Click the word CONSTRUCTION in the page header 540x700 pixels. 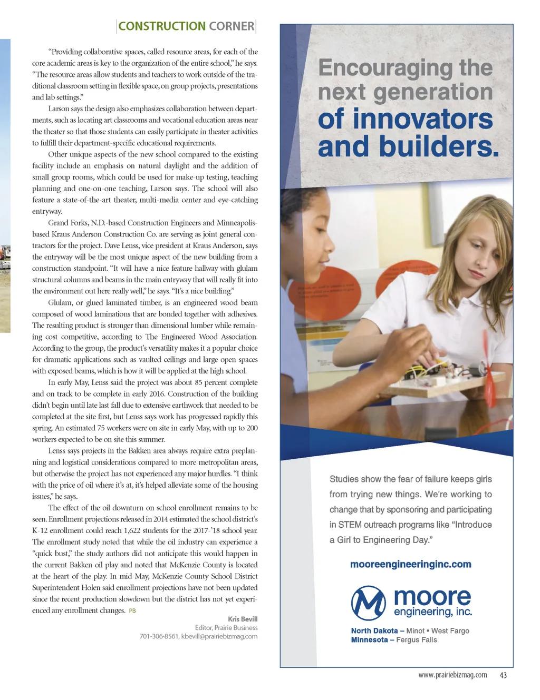[x=162, y=26]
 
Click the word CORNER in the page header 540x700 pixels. [x=232, y=26]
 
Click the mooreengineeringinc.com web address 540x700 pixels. [x=410, y=564]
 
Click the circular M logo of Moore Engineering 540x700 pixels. [x=369, y=603]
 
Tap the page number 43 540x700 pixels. [x=503, y=675]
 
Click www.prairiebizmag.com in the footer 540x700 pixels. [x=452, y=675]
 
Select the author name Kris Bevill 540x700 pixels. [x=243, y=619]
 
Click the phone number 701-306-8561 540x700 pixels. [x=159, y=636]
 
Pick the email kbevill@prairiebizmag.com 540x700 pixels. [x=219, y=636]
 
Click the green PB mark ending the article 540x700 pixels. [x=132, y=611]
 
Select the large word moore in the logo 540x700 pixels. [x=432, y=597]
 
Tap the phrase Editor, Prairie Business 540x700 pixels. [x=226, y=627]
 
